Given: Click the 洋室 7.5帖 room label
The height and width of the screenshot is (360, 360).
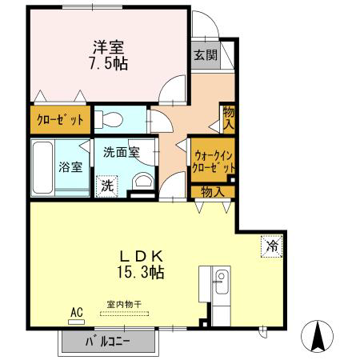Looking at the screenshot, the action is (x=108, y=55).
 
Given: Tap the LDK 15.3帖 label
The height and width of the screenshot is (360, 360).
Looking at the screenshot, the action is (x=141, y=264).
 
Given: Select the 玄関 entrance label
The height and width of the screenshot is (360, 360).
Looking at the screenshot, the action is (x=206, y=55).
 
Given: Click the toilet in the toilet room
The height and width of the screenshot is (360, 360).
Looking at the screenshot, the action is (x=109, y=119).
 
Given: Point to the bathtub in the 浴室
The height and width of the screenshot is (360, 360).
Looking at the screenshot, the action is (x=42, y=168).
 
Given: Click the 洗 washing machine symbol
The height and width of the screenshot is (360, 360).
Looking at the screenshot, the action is (x=107, y=186).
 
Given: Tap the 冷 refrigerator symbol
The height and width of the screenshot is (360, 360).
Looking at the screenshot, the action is (x=271, y=246).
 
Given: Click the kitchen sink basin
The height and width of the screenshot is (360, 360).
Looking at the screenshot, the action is (x=222, y=282).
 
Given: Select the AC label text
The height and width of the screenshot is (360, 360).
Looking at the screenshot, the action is (x=77, y=312).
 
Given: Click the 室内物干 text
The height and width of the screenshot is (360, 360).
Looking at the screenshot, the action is (x=124, y=304).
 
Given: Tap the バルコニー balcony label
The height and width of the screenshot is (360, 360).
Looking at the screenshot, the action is (x=108, y=342).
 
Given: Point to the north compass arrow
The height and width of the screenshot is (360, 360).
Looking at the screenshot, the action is (x=318, y=336).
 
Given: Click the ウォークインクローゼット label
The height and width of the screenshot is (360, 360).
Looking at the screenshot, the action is (x=214, y=162).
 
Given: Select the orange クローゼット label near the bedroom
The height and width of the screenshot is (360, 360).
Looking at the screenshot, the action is (x=60, y=120).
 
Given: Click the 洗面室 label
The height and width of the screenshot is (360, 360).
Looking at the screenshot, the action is (x=122, y=152).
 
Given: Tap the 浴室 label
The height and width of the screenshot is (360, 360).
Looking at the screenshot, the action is (x=70, y=167).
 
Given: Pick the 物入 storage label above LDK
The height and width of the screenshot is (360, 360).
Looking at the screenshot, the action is (x=213, y=192).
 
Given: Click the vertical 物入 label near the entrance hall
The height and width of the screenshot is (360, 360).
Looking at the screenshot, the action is (x=229, y=118).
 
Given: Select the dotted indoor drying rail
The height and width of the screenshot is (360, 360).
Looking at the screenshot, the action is (x=125, y=314).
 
